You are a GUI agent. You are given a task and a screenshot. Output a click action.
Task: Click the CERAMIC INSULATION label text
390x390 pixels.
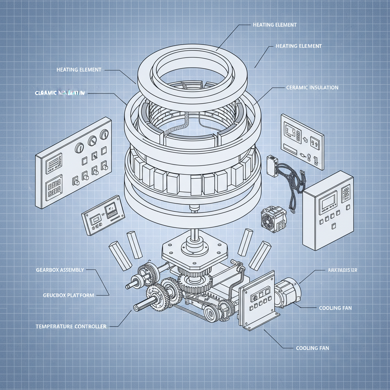pyautogui.click(x=312, y=88)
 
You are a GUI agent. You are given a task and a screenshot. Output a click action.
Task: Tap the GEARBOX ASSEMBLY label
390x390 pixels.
pyautogui.click(x=60, y=270)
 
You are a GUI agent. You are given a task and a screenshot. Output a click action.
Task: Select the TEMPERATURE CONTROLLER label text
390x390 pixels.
pyautogui.click(x=71, y=326)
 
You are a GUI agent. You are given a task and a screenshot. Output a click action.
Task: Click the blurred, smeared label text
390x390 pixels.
pyautogui.click(x=60, y=93)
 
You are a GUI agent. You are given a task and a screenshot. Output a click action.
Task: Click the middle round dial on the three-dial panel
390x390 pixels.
pyautogui.click(x=92, y=142)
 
